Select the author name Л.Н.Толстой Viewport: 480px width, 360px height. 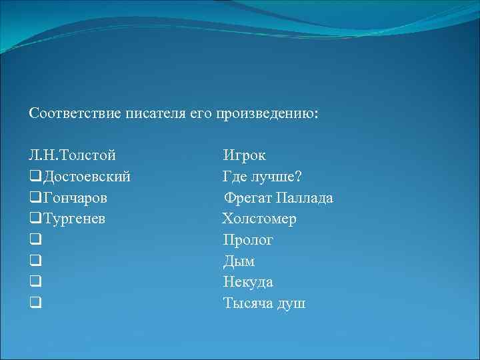pos(73,156)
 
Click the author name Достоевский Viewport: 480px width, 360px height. pos(87,177)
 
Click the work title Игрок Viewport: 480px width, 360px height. pos(244,156)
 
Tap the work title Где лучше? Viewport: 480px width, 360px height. pos(262,177)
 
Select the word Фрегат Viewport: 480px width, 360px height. pos(246,198)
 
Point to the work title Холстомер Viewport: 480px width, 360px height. pos(260,219)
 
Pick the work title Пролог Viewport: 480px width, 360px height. pos(248,240)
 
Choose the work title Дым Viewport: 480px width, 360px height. pos(239,261)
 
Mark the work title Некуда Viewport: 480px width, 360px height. pos(248,282)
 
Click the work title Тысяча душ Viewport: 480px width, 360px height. pos(264,303)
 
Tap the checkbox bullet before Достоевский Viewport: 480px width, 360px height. pos(35,177)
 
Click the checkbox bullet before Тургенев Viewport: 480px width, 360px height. pos(35,219)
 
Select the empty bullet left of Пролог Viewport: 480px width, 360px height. pos(35,241)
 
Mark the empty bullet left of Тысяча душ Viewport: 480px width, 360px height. pos(35,304)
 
